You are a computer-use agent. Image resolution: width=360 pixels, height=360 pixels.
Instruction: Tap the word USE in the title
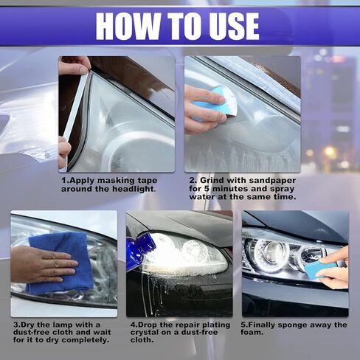(x=229, y=26)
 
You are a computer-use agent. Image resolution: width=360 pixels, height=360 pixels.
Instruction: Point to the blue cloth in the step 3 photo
(x=61, y=263)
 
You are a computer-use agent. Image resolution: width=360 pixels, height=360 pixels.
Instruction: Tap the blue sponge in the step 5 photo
(x=317, y=271)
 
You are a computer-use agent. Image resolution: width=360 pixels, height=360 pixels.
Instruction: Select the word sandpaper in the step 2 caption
(x=272, y=180)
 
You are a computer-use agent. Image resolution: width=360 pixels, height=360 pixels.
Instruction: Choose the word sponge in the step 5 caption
(x=292, y=325)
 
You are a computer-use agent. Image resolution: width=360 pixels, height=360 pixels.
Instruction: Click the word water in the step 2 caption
(x=201, y=197)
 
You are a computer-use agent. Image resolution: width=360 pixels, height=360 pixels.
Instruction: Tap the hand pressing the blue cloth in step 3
(x=43, y=264)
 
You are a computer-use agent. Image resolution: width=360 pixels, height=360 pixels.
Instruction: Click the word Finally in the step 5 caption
(x=260, y=325)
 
